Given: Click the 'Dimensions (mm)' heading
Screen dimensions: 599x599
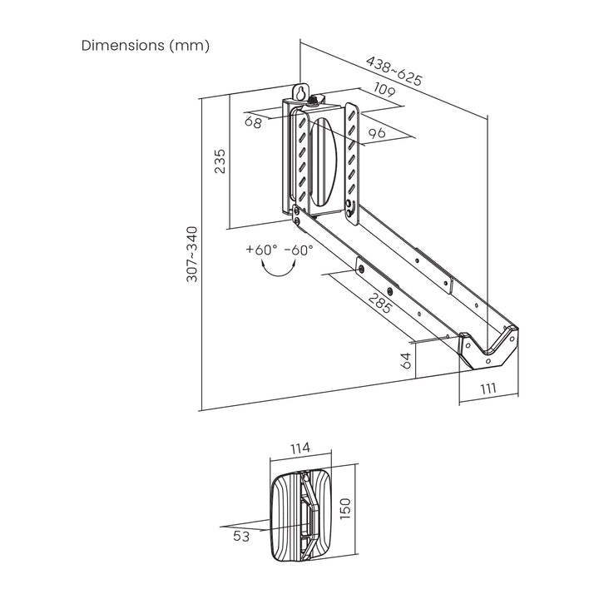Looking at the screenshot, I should point(145,45).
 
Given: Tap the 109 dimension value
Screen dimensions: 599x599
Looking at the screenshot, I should point(384,90).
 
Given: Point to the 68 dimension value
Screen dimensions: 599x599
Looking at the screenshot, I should point(253,122).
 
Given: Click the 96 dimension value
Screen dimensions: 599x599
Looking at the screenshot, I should point(377,132).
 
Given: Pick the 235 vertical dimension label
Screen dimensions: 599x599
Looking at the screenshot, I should point(220,161).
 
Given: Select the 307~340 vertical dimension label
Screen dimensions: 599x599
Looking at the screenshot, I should point(192,254).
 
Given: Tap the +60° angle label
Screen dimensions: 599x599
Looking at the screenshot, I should point(261,249).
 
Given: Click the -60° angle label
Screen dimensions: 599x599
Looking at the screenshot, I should point(299,249).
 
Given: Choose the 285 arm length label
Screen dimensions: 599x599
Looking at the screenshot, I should point(381,304).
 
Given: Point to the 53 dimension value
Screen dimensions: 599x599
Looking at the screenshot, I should point(242,537).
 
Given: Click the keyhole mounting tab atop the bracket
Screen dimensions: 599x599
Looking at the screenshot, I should point(301,92).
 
